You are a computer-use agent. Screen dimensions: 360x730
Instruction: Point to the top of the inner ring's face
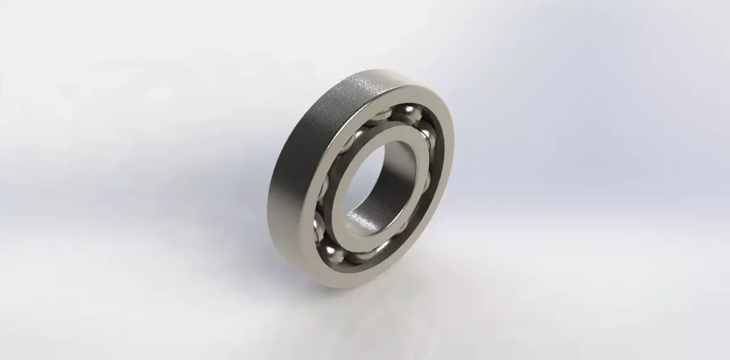tap(395, 129)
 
